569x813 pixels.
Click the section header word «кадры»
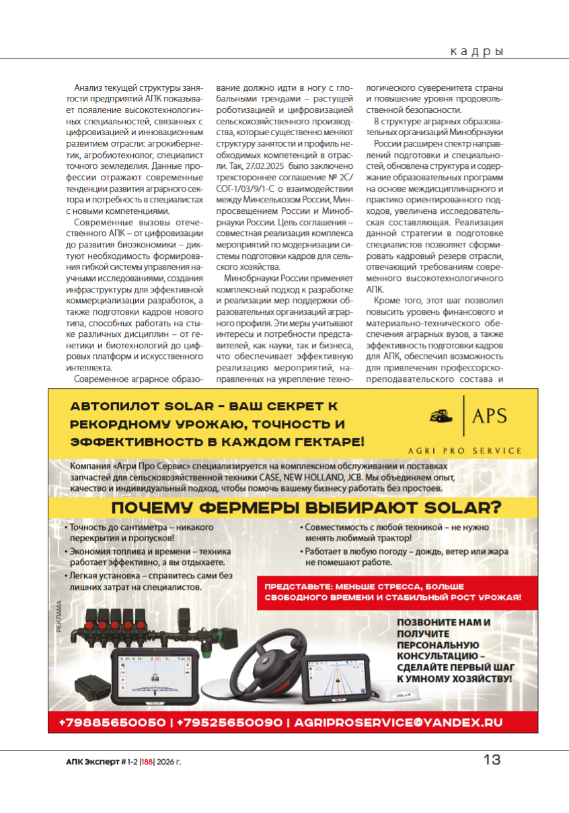[476, 51]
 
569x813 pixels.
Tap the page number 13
[492, 760]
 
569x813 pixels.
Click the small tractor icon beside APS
[443, 416]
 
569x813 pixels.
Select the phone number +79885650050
[112, 722]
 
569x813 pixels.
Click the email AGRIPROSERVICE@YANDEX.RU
[397, 722]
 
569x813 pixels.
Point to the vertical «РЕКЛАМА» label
[59, 617]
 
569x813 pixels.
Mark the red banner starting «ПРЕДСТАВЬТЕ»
[393, 592]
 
